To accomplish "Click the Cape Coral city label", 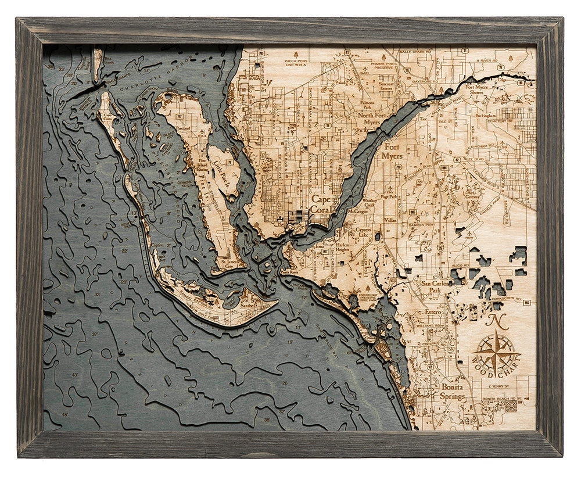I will [x=322, y=204].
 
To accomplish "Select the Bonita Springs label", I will [x=453, y=392].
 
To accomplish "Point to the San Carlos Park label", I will [x=435, y=288].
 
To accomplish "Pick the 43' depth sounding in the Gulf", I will [x=74, y=375].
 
